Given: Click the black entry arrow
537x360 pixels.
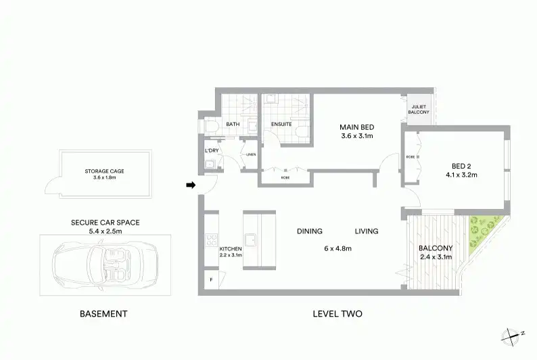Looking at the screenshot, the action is tap(191, 185).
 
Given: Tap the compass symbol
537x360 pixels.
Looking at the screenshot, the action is tap(513, 336).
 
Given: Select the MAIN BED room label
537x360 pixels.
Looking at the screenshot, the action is tap(357, 127).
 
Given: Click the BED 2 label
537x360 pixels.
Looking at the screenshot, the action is tap(461, 166).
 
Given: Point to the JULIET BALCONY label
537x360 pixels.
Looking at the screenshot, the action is tap(419, 110).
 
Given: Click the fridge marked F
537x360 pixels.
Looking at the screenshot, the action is tap(211, 280).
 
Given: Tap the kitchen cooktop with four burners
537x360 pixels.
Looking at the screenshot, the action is tap(211, 240).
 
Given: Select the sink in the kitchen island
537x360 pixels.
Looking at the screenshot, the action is tap(251, 240).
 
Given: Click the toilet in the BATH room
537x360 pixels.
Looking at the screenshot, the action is tap(211, 126).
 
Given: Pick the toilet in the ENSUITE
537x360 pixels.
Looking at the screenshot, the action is tap(303, 132).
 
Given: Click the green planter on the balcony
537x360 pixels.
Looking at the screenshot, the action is tap(483, 233).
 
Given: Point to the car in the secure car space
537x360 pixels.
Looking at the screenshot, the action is tap(105, 265).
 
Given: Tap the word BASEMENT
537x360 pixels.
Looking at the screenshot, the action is tap(103, 314).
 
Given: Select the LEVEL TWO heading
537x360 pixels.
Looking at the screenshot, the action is tap(337, 314).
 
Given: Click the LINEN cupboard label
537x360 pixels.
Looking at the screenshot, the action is tap(251, 154).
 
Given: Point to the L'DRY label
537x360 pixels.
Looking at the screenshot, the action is tap(212, 150).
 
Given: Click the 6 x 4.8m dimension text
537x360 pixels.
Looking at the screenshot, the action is tap(337, 248).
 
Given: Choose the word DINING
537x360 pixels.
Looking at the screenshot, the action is tap(310, 231).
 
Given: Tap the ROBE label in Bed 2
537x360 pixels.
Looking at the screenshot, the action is tap(411, 157).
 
